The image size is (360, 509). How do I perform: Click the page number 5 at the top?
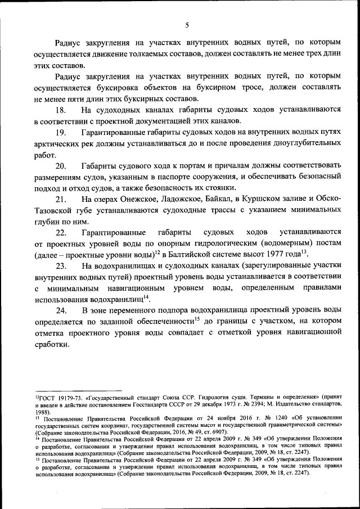(x=187, y=24)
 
